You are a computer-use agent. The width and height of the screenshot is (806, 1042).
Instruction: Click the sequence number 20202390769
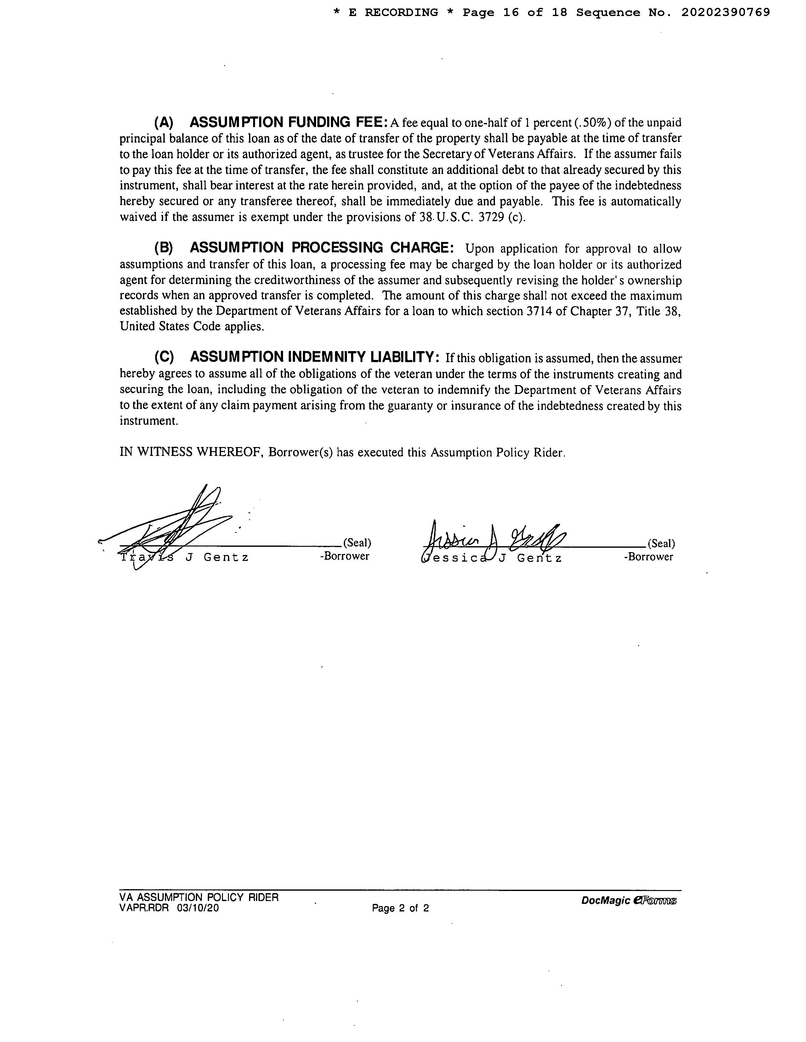click(725, 12)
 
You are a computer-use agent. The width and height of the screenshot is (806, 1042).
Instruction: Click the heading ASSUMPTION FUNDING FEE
click(288, 123)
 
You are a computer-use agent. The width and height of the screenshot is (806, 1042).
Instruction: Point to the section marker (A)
click(163, 123)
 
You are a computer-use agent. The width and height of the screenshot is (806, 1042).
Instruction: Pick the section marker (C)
click(163, 357)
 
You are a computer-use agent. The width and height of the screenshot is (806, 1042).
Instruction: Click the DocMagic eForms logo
click(629, 901)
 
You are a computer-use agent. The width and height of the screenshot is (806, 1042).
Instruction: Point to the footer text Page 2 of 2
click(400, 908)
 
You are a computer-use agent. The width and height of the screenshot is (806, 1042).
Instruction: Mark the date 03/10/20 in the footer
click(198, 908)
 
